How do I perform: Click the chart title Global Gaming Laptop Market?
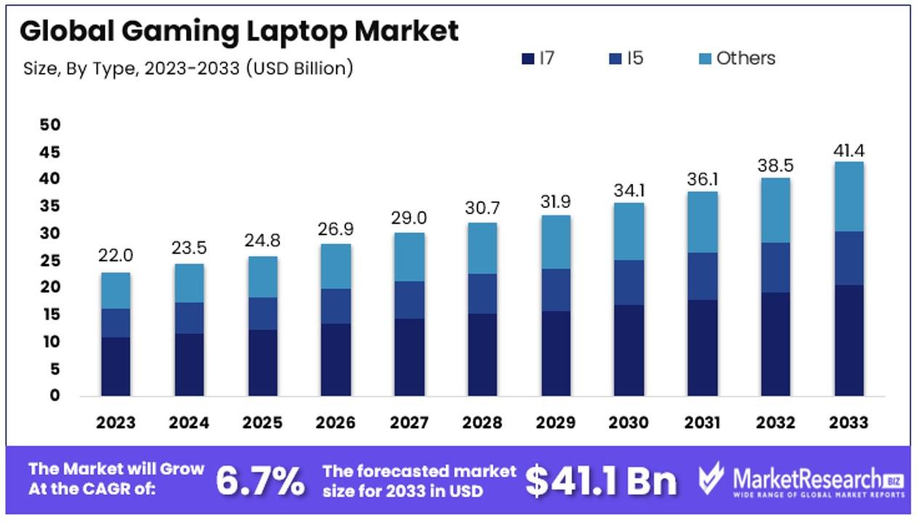click(239, 31)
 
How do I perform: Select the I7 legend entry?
click(539, 58)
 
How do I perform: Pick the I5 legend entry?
click(627, 58)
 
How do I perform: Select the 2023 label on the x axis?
click(116, 423)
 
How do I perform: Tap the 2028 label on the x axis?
click(482, 423)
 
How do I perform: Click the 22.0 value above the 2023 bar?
click(116, 256)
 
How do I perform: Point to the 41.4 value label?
click(849, 151)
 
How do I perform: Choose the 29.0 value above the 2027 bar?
click(409, 217)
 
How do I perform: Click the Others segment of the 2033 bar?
click(849, 197)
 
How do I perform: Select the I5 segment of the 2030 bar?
click(629, 283)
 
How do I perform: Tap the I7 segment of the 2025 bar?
click(263, 362)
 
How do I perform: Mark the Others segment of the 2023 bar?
click(116, 291)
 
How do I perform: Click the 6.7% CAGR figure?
click(260, 480)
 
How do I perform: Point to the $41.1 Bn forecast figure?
click(601, 480)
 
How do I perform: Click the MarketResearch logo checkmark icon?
click(710, 479)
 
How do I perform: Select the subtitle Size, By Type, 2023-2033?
click(188, 69)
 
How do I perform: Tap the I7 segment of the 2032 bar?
click(776, 344)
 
